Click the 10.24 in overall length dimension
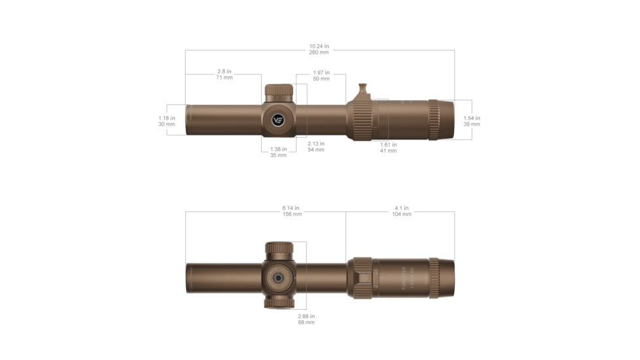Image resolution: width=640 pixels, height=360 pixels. click(x=319, y=49)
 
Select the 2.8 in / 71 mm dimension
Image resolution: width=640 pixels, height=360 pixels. click(x=224, y=74)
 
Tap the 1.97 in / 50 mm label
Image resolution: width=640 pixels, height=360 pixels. click(x=321, y=75)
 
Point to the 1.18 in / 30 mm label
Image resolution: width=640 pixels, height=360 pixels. click(x=166, y=121)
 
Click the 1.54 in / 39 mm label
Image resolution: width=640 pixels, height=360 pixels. click(x=471, y=121)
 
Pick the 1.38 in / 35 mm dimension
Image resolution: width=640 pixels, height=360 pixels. click(x=278, y=152)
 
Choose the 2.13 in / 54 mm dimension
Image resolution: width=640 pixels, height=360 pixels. click(x=316, y=147)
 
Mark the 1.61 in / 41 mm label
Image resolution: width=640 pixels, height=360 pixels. click(x=388, y=147)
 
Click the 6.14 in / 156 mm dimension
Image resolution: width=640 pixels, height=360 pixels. click(x=292, y=211)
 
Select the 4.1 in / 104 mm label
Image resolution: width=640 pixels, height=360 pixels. click(x=402, y=211)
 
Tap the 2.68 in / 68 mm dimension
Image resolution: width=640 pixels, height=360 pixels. click(x=306, y=319)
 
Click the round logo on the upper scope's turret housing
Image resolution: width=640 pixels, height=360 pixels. click(x=278, y=120)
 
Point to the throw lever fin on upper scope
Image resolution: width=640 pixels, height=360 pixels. click(x=363, y=90)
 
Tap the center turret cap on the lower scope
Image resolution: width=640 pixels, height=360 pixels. click(x=278, y=277)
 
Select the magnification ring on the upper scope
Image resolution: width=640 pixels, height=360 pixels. click(x=359, y=120)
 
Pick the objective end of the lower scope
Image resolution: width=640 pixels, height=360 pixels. click(x=191, y=278)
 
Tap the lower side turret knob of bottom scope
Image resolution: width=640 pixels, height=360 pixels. click(x=279, y=304)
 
